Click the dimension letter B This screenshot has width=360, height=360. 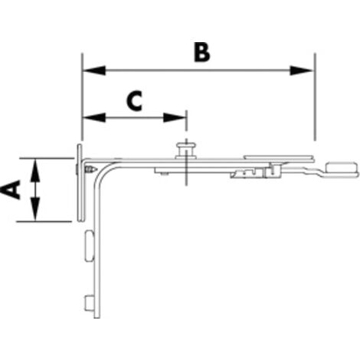click(x=201, y=52)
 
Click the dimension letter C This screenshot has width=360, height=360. click(x=134, y=101)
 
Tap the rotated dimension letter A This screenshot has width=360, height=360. click(x=11, y=189)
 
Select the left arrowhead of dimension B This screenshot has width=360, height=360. click(x=94, y=70)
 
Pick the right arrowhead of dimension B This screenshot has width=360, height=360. click(x=301, y=70)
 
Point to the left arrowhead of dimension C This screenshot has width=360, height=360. click(x=94, y=117)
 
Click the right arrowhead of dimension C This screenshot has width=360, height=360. click(x=175, y=117)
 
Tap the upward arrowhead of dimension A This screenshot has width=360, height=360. click(x=35, y=170)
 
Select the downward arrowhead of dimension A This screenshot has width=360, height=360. click(x=35, y=209)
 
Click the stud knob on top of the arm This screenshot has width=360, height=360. click(x=186, y=151)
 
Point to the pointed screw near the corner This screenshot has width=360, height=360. click(x=91, y=169)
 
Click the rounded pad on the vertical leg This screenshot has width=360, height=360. click(x=90, y=246)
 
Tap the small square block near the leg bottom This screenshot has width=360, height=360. click(x=90, y=303)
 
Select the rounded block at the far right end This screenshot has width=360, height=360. click(x=342, y=168)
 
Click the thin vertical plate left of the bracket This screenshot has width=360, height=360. click(x=80, y=182)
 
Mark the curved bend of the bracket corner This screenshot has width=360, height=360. click(x=103, y=172)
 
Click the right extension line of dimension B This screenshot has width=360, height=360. click(x=315, y=97)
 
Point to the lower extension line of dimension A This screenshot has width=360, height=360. click(x=44, y=221)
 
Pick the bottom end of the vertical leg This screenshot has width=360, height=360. click(x=97, y=318)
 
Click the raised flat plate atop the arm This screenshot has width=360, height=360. click(x=279, y=157)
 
